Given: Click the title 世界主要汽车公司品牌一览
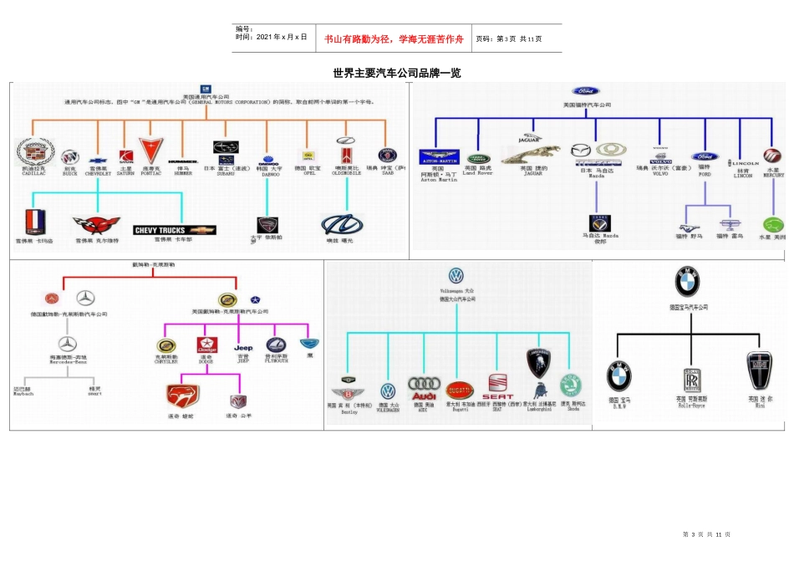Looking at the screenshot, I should (396, 74).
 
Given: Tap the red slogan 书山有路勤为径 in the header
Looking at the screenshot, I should (393, 38).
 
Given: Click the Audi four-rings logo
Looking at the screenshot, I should (423, 384).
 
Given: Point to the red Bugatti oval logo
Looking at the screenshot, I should (459, 389).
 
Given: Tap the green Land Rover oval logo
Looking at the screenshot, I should (481, 157).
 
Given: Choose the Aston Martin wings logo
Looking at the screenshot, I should (439, 156).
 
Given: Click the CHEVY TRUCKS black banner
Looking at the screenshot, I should (174, 230).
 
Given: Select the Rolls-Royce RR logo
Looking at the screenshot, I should (691, 378).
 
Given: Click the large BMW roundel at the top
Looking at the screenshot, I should (688, 282).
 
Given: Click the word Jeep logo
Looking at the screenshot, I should (243, 347).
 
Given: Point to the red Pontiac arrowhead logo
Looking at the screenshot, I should (150, 151).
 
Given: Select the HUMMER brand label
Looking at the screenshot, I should (183, 161).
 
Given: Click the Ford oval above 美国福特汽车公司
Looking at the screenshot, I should (585, 91).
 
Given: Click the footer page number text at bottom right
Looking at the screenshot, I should (707, 534).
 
